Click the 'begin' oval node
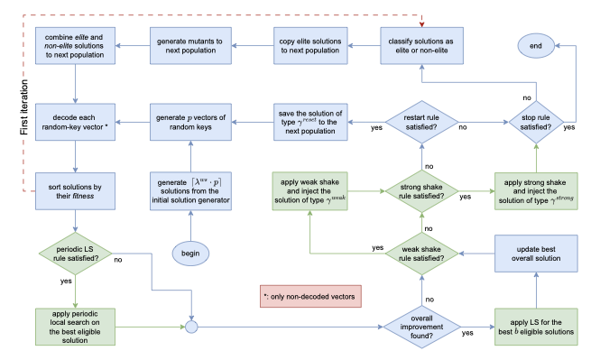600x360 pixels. click(190, 253)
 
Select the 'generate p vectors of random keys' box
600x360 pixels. click(189, 120)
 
